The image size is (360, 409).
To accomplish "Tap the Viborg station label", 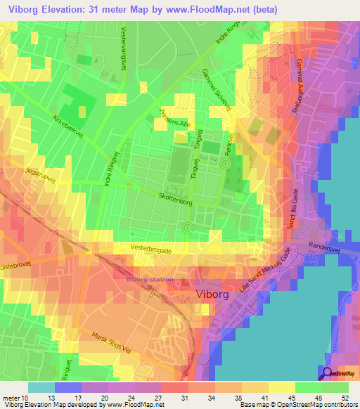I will (x=149, y=279).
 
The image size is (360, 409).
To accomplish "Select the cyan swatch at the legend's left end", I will (x=41, y=387).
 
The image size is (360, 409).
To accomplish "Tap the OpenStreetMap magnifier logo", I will (x=328, y=375).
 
